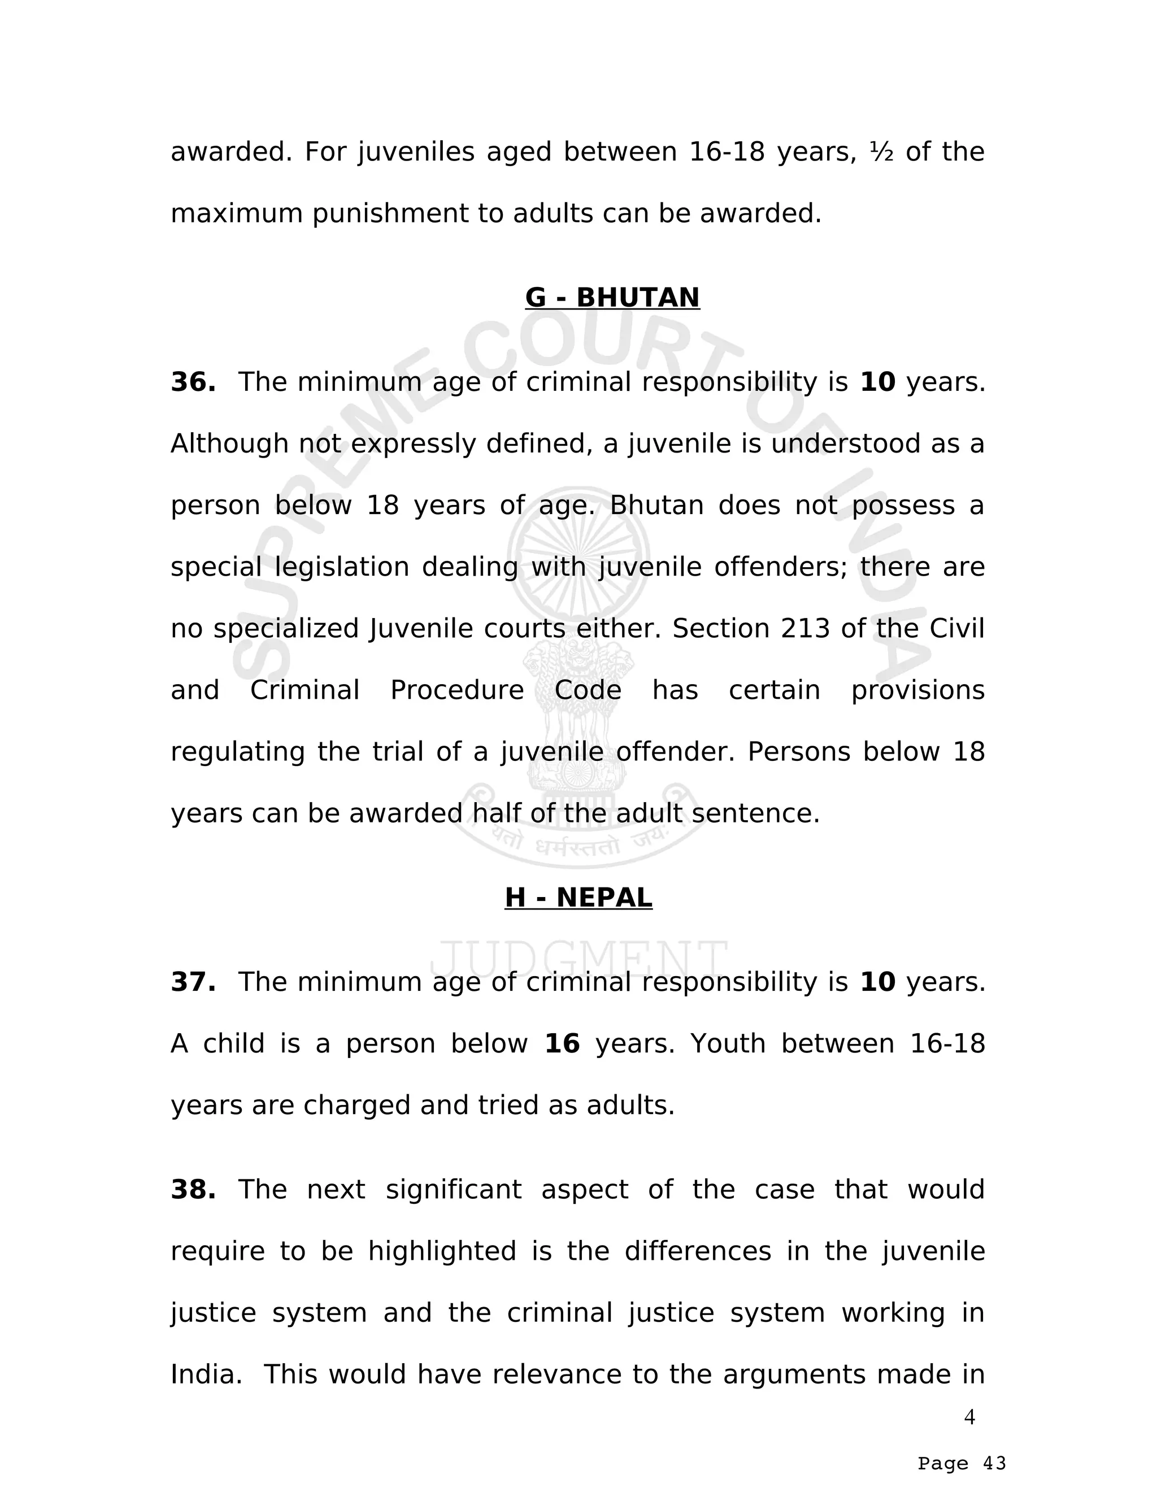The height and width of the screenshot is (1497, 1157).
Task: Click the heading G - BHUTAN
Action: coord(612,298)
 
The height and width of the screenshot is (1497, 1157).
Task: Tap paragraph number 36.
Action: coord(193,382)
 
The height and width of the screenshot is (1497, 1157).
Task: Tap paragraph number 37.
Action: coord(193,982)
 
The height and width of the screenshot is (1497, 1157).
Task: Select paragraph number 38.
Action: coord(193,1190)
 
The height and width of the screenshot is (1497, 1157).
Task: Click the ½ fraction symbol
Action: coord(881,151)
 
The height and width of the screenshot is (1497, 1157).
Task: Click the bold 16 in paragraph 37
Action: coord(562,1044)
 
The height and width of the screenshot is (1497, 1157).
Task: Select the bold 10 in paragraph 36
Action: coord(878,382)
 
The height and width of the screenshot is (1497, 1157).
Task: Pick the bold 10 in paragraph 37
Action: coord(878,982)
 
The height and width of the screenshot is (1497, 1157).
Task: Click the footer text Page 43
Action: coord(962,1464)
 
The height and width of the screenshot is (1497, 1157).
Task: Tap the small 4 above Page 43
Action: coord(969,1417)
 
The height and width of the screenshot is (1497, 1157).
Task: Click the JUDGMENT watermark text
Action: coord(578,958)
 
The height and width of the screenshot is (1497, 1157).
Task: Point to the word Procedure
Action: coord(457,690)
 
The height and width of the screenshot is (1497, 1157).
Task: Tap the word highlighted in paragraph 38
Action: coord(442,1252)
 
